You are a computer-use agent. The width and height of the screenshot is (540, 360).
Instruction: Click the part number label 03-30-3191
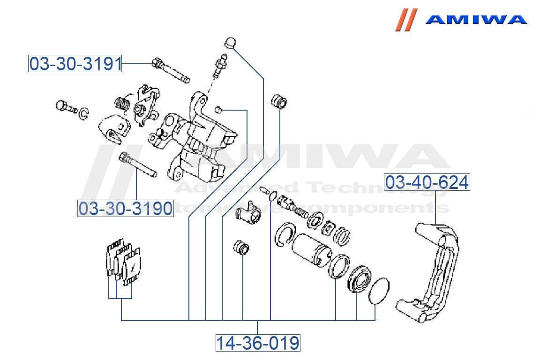pos(75,64)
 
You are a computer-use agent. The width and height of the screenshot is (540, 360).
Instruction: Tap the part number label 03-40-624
pos(427,182)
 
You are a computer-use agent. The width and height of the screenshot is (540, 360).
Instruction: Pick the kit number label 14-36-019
pos(257,343)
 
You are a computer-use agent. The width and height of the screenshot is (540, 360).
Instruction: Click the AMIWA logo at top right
pos(462,20)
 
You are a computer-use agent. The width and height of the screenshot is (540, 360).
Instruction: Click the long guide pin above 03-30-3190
pos(137,165)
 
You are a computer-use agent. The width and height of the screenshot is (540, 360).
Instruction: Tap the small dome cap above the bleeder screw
pos(230,42)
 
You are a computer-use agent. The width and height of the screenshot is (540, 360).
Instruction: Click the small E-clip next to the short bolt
pos(83,113)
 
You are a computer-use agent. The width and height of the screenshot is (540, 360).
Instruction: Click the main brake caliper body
pos(197,141)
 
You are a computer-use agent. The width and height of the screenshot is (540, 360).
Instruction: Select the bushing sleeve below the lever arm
pos(241,248)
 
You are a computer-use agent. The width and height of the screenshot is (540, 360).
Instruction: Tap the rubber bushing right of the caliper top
pos(280,101)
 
